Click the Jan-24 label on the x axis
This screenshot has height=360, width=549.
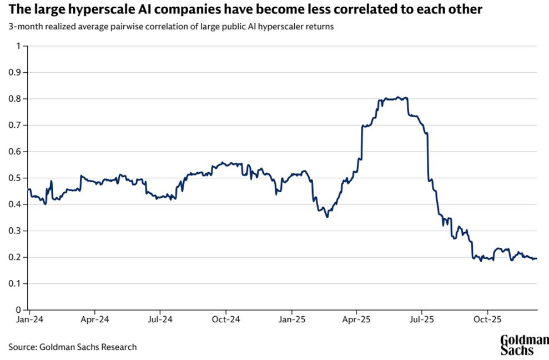[29, 321]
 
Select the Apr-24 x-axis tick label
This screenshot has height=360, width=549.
[95, 321]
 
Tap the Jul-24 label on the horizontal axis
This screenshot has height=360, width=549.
[160, 321]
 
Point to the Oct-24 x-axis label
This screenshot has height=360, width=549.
[226, 321]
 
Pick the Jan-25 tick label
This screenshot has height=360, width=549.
[292, 321]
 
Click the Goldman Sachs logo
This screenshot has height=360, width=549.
[524, 345]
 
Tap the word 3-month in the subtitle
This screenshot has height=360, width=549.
[23, 27]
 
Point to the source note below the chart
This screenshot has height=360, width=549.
[72, 347]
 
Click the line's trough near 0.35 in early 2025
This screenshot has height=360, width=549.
[327, 216]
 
